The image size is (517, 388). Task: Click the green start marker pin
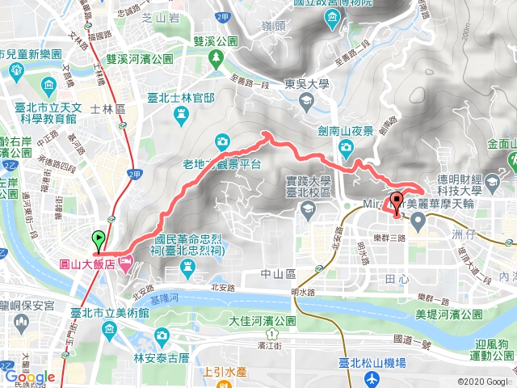[x=99, y=240]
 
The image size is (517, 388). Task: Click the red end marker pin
[x=396, y=202]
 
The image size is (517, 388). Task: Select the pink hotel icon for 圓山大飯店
[x=125, y=263]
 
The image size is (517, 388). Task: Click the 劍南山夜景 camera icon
[x=346, y=146]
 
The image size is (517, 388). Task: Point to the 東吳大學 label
[x=307, y=82]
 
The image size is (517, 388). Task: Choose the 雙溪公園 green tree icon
[x=216, y=58]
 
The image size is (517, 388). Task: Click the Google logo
[x=29, y=377]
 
